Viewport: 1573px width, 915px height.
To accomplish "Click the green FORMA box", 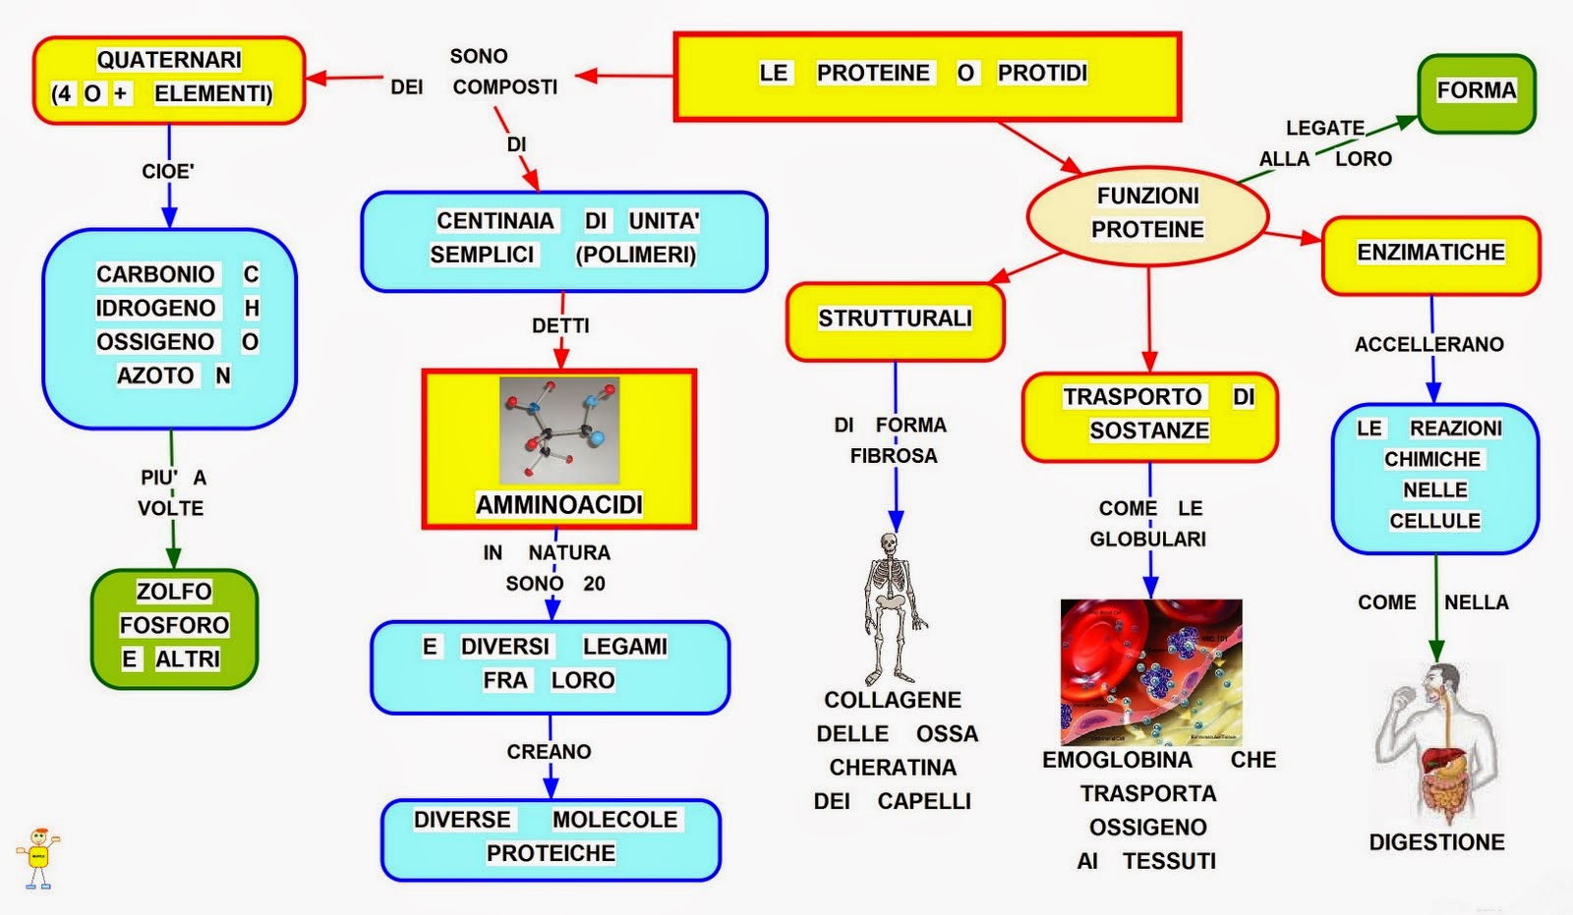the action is click(x=1476, y=93).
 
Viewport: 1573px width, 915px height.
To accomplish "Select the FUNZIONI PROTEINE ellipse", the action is click(x=1147, y=215).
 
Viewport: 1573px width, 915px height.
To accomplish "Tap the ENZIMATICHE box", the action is click(x=1430, y=255).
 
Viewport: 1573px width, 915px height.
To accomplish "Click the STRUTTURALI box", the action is click(x=896, y=321).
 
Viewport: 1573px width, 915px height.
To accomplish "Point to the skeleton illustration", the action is click(x=892, y=608).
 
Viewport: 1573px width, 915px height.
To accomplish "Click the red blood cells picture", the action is click(x=1151, y=672).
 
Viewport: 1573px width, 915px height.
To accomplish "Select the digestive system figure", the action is click(x=1436, y=744).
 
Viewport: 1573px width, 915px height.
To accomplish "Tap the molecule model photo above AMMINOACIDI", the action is click(x=559, y=429).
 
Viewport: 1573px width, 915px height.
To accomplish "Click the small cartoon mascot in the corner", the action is click(x=38, y=858).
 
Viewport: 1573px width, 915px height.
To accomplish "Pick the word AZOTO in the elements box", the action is click(x=155, y=375).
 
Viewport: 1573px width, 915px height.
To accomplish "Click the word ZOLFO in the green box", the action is click(x=174, y=592).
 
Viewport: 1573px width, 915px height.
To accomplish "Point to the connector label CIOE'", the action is click(x=168, y=171).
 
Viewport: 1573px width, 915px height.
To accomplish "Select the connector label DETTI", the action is click(x=560, y=326).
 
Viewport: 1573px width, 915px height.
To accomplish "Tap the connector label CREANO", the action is click(x=550, y=752).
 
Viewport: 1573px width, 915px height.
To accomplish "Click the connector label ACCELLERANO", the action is click(x=1429, y=344).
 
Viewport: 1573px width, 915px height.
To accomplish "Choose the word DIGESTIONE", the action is click(x=1436, y=842).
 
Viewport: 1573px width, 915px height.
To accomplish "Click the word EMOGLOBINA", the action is click(x=1117, y=759).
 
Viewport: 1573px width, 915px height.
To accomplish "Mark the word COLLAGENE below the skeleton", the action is click(x=893, y=700).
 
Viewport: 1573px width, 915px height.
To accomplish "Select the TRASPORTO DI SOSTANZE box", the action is click(x=1149, y=417).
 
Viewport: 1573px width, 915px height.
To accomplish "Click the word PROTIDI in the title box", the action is click(x=1042, y=73).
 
